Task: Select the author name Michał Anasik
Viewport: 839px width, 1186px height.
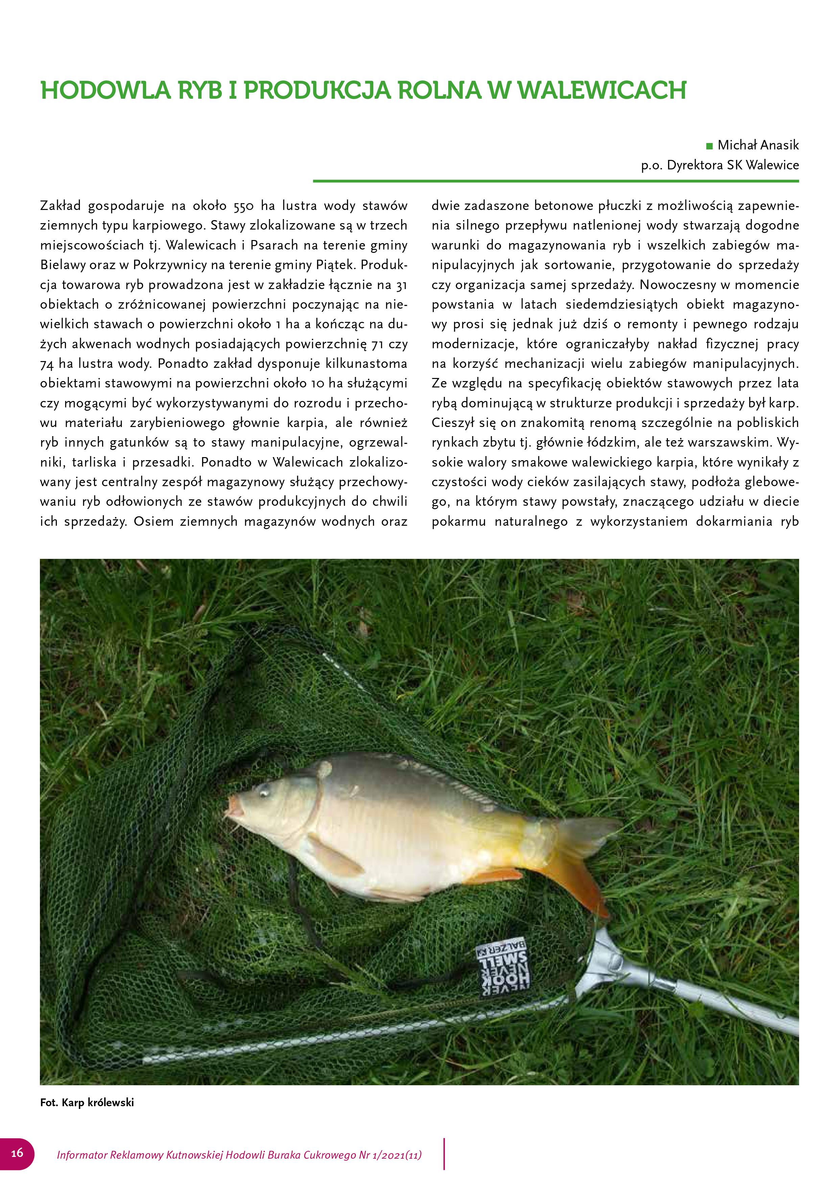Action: [758, 145]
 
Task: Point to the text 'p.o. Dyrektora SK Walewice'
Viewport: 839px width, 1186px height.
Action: [720, 165]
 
